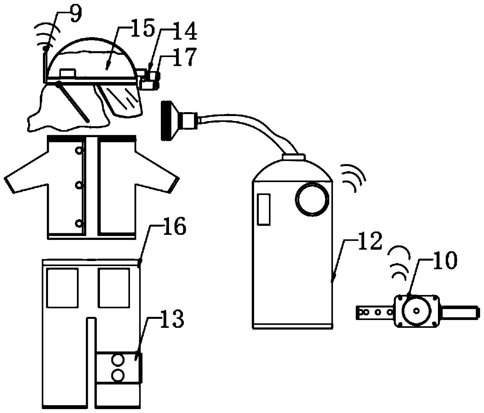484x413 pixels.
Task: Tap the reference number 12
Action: [x=370, y=243]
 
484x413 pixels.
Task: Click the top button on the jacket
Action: [x=80, y=150]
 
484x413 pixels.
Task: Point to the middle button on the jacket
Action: [x=80, y=185]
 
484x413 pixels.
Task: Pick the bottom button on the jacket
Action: [x=80, y=224]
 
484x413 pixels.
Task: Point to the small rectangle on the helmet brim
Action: [x=68, y=73]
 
